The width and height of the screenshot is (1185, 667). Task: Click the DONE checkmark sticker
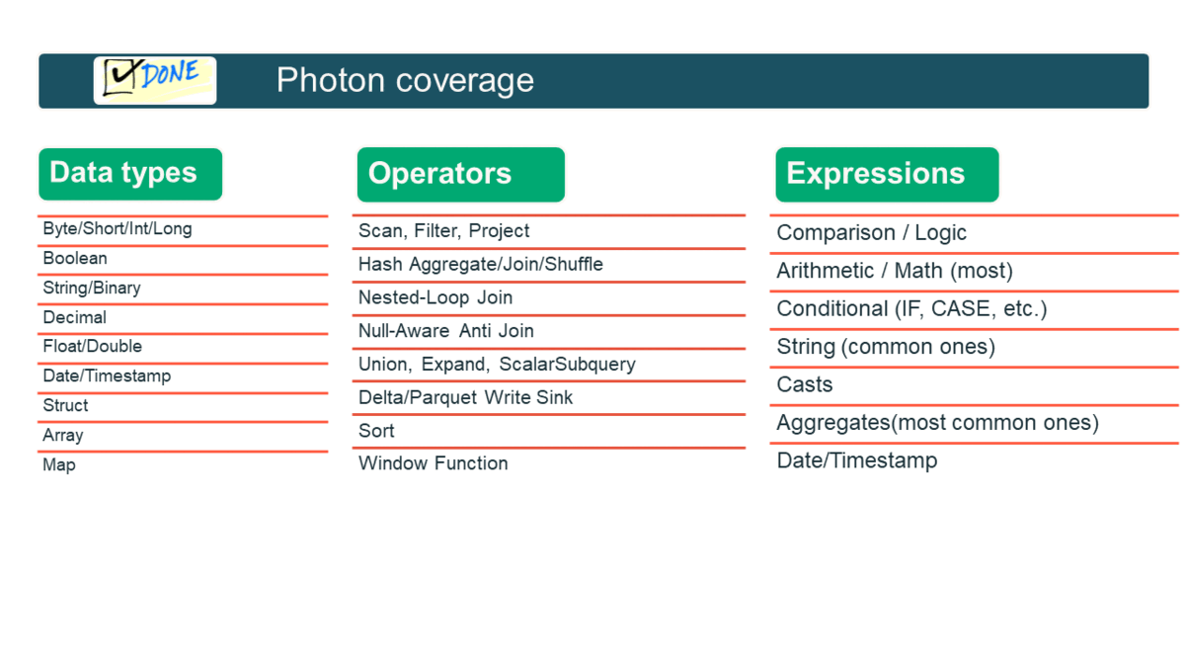(x=155, y=80)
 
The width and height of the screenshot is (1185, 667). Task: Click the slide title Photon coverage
(x=405, y=80)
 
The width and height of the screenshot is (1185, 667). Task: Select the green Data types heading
(x=129, y=173)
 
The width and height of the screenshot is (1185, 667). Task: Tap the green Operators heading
(x=459, y=174)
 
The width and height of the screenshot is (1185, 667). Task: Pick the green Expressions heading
(x=886, y=174)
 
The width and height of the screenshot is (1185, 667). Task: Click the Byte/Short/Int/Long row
(x=118, y=229)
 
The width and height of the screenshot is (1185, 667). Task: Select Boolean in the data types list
(x=75, y=259)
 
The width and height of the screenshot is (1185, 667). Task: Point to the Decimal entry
(x=75, y=318)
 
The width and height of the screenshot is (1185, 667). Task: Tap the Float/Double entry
(x=93, y=347)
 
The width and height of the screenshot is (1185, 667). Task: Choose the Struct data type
(x=66, y=406)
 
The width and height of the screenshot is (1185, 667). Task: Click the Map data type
(x=59, y=464)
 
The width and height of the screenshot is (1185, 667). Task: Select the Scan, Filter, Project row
(x=444, y=231)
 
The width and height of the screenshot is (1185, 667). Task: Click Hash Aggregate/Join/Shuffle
(x=481, y=265)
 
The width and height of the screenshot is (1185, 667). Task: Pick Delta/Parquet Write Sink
(x=466, y=398)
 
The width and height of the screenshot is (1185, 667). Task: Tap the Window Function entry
(x=434, y=463)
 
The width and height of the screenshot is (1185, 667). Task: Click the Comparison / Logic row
(x=872, y=233)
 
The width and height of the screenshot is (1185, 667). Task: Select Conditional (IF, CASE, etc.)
(x=911, y=309)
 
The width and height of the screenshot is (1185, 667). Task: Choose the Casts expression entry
(x=805, y=385)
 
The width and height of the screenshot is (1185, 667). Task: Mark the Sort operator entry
(x=377, y=431)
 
